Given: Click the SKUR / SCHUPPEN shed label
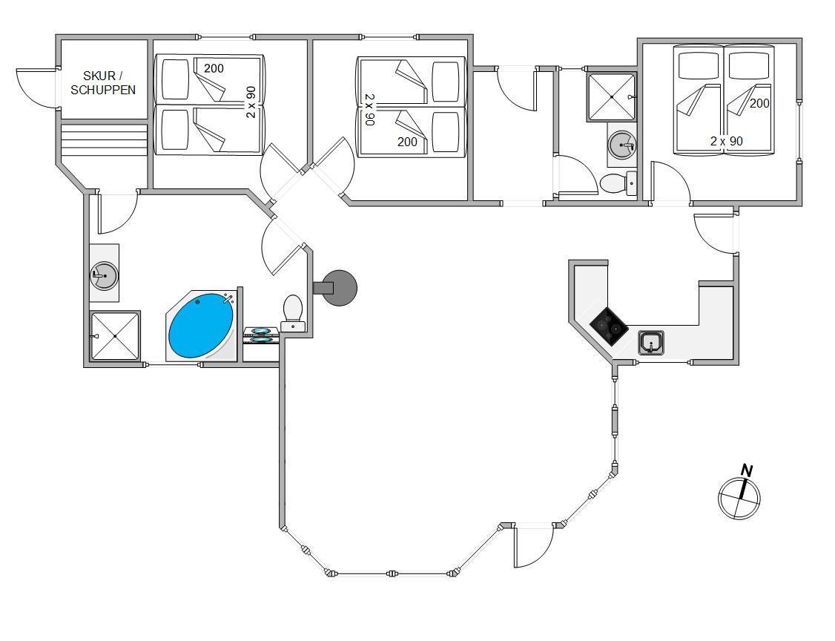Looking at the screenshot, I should [103, 83].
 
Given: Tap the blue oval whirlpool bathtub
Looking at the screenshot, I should [201, 326].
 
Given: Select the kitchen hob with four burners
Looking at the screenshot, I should [608, 326].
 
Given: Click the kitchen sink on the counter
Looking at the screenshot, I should [651, 343].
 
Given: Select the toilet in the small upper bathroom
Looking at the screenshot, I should [615, 183].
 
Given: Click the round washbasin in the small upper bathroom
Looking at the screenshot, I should [621, 145].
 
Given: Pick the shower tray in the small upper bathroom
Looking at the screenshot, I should [611, 96].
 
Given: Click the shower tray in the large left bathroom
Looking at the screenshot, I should [115, 336].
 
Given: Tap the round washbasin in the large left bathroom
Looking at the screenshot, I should [104, 276].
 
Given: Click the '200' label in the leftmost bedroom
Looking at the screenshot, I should [214, 69].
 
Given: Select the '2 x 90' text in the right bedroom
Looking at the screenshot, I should [726, 141].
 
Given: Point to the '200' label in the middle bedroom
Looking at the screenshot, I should [407, 142].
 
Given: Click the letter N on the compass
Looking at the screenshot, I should [747, 471].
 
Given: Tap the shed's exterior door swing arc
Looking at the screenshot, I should [33, 89].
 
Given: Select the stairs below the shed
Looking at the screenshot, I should [103, 139].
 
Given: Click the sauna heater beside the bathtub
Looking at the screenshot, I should [260, 335].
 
